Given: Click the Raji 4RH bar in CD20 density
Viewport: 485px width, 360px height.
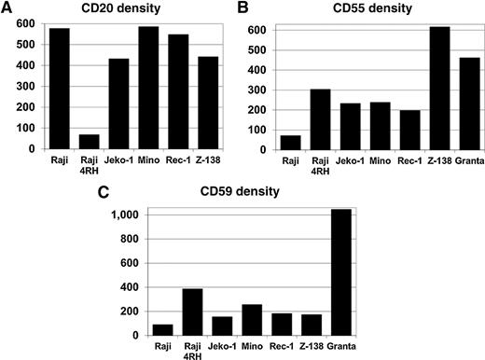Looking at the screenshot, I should coord(89,142).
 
